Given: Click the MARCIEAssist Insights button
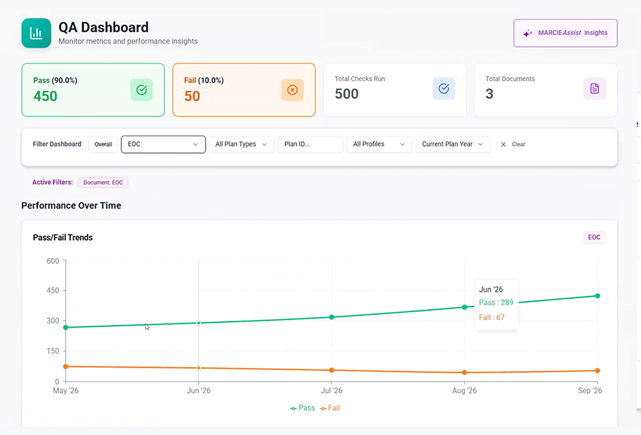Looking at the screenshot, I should (565, 33).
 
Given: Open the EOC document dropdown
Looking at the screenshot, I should (163, 145).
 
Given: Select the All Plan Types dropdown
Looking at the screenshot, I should (241, 145).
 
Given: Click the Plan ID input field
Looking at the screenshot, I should (310, 145).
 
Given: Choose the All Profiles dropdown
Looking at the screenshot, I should (379, 145).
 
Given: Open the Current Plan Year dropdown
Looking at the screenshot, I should (453, 145).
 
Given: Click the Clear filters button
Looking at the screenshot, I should (513, 145).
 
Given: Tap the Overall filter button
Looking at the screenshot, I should (103, 145).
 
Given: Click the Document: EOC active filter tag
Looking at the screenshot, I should (103, 182).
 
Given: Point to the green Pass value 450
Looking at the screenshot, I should (46, 96).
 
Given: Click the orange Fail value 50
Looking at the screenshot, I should (192, 96).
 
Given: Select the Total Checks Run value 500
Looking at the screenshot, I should (346, 94).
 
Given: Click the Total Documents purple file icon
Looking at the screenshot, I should (595, 88).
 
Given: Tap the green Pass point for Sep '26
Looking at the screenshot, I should (598, 296).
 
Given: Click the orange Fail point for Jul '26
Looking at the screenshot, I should (332, 370).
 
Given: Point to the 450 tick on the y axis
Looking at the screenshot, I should (53, 290).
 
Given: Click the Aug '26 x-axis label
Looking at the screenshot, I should (464, 391).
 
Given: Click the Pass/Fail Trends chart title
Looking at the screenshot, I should (63, 238).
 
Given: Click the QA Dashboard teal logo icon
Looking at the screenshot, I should (36, 33).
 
